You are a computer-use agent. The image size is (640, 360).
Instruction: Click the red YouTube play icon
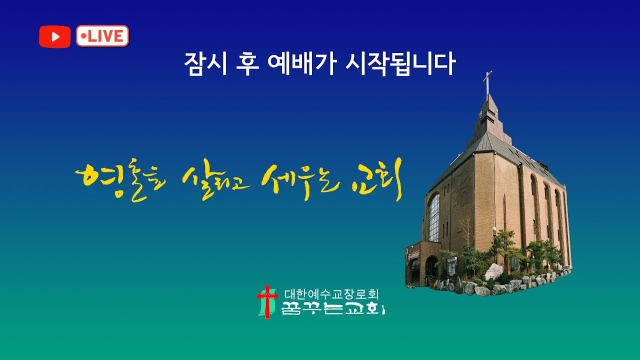(54, 36)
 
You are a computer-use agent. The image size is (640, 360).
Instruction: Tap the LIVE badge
(102, 36)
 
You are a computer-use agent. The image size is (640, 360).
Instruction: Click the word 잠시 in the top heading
(202, 64)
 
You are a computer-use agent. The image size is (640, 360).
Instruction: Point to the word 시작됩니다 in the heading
(399, 64)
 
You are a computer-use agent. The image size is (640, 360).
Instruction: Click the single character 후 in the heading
(246, 64)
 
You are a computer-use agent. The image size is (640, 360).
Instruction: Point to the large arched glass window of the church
(434, 217)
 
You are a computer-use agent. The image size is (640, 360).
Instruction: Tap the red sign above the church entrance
(414, 254)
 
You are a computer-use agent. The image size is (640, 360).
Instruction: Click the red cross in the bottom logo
(267, 300)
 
